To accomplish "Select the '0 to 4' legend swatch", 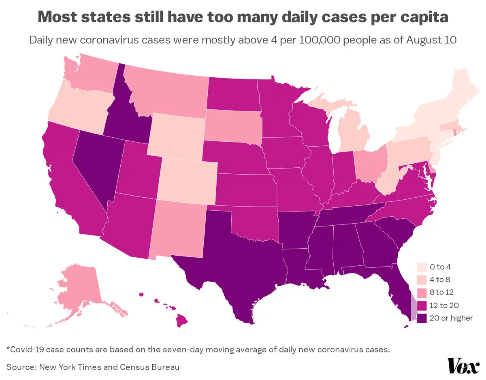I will coord(422,267).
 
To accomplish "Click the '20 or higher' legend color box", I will coord(422,318).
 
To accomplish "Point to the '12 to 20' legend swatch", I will coord(422,305).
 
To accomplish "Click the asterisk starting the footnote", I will coord(9,349).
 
